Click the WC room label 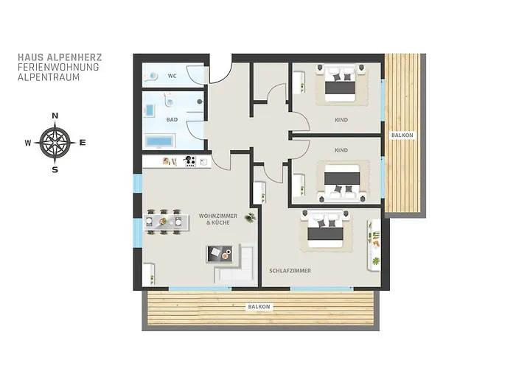172,76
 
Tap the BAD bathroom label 172,119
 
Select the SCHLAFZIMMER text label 290,271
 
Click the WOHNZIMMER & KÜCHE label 218,219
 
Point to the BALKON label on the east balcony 402,135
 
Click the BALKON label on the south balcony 259,307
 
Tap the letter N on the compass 55,116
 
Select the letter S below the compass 55,170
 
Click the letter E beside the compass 83,143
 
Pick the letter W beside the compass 28,143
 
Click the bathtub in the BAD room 159,141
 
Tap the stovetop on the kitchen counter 190,161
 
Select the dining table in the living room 167,222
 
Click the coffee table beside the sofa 219,254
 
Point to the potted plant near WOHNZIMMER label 251,217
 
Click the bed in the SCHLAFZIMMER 326,229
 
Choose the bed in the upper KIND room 341,83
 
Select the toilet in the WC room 150,77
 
